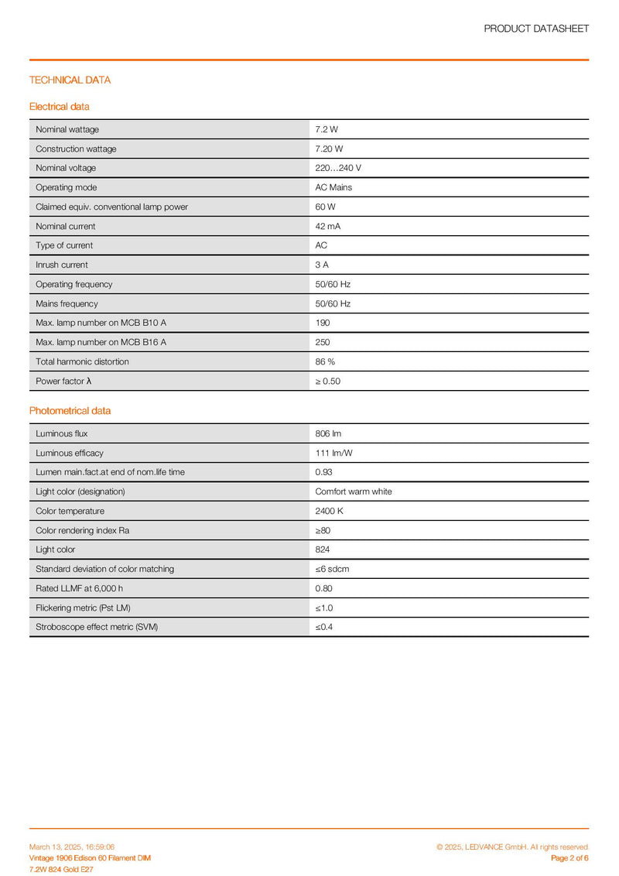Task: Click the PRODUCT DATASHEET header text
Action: point(536,29)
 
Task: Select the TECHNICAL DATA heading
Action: point(70,80)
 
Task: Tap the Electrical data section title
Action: point(59,106)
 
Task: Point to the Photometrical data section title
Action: point(70,410)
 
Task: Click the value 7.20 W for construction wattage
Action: point(329,149)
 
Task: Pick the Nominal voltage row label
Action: point(66,168)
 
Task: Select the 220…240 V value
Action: point(338,168)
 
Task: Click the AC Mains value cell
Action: point(333,187)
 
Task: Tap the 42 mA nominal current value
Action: point(328,226)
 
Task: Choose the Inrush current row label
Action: point(62,265)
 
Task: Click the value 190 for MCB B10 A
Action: point(323,323)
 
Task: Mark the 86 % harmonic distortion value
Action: point(326,361)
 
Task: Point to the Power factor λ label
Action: point(64,381)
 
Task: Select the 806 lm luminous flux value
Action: point(328,433)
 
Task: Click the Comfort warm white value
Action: point(354,491)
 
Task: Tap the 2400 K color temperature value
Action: point(329,511)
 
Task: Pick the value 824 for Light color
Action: point(323,549)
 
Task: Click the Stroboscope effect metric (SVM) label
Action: point(97,627)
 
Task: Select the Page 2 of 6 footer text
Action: point(569,858)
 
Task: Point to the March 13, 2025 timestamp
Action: point(72,847)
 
